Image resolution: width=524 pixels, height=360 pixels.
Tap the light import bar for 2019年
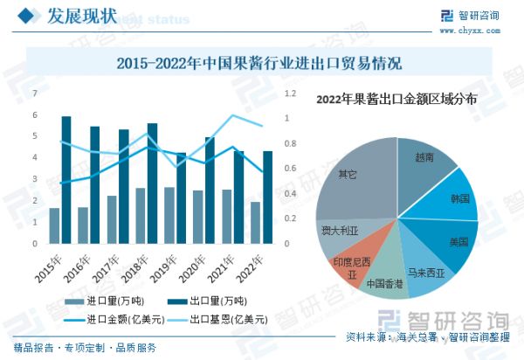pos(169,215)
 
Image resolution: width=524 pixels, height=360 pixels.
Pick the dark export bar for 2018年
pos(153,183)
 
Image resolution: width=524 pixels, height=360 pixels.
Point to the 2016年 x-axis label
pos(77,261)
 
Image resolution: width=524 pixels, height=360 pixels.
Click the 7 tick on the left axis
pos(34,93)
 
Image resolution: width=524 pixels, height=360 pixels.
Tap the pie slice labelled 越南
pos(426,162)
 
